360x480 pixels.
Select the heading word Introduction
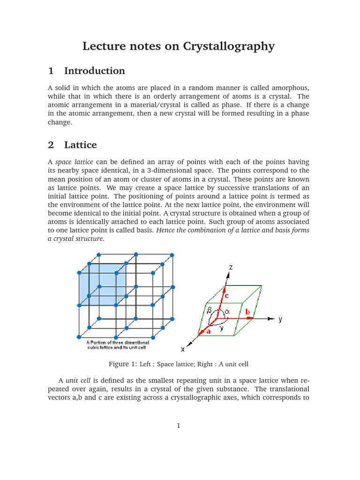click(94, 71)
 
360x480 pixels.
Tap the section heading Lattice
click(80, 145)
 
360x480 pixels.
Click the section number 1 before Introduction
click(51, 71)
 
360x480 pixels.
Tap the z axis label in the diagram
click(231, 267)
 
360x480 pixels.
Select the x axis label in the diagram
click(183, 349)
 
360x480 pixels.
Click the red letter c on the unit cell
click(226, 296)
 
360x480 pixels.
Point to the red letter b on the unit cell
click(247, 311)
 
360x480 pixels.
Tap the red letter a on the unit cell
click(209, 331)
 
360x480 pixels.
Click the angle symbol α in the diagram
click(227, 311)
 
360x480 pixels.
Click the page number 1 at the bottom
click(179, 426)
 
